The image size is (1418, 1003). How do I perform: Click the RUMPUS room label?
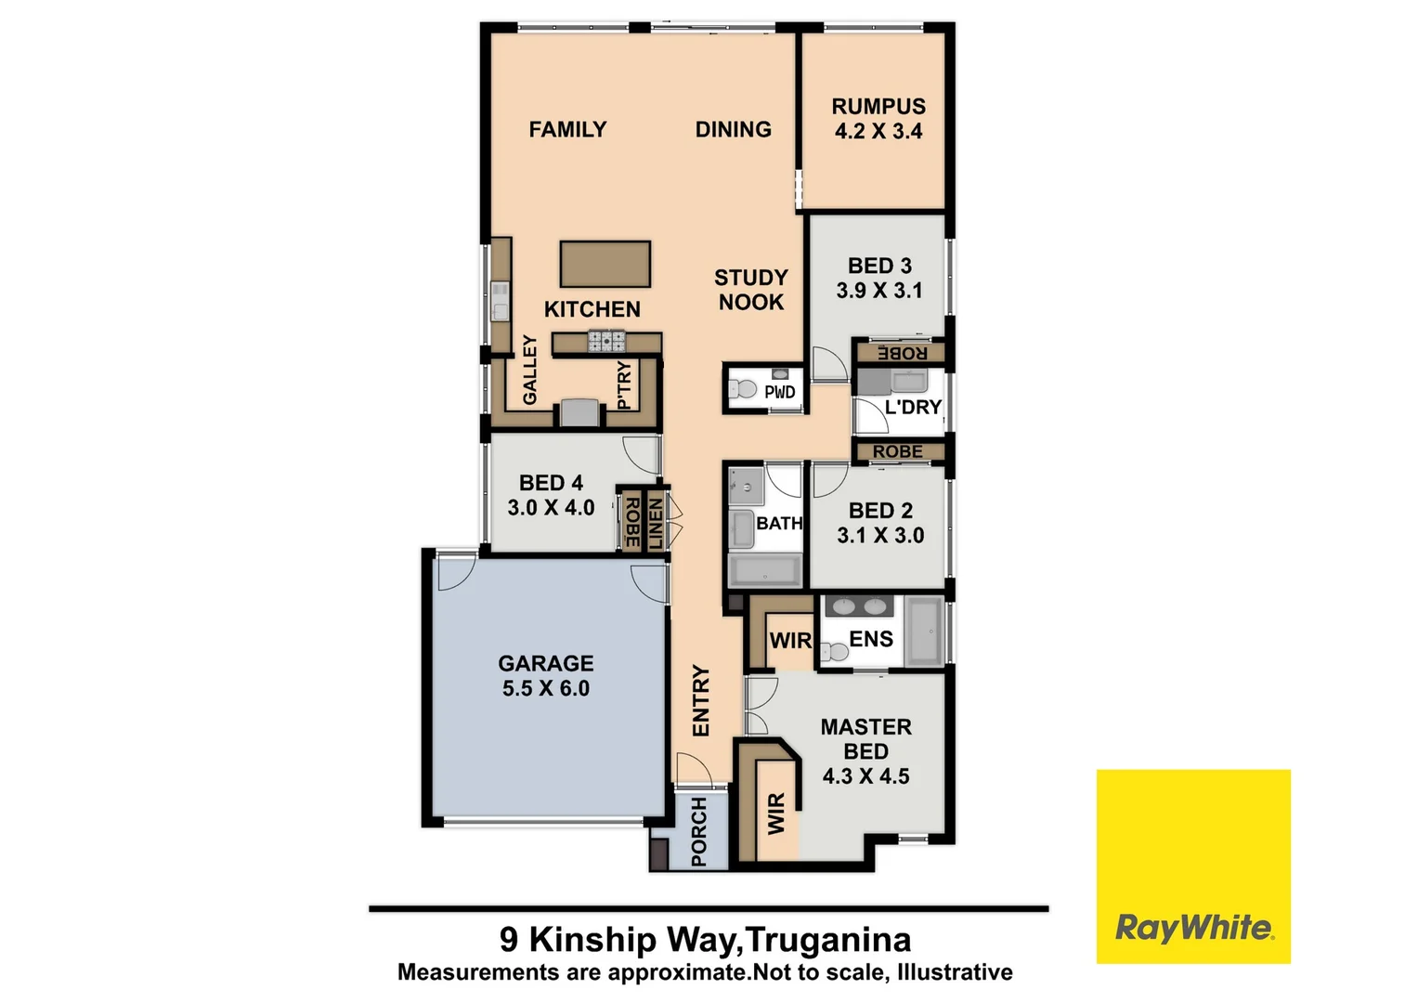point(878,107)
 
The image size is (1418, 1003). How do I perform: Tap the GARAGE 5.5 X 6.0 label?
point(546,676)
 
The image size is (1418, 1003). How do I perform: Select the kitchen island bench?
point(605,264)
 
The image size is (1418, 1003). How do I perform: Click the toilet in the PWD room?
point(743,388)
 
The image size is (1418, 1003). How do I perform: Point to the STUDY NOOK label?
point(750,290)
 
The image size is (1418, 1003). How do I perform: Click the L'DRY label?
point(913,407)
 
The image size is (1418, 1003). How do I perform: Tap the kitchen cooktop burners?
point(605,343)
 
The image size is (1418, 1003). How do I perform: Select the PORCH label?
point(699,831)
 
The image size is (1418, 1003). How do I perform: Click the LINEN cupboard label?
point(656,523)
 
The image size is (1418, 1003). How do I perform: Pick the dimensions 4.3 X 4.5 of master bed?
point(866,776)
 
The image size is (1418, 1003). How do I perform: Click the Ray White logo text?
point(1193,927)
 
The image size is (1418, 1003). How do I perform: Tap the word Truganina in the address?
point(828,940)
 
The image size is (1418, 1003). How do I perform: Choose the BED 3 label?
point(879,267)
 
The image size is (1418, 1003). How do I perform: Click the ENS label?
point(871,639)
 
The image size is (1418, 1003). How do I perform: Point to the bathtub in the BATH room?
point(764,570)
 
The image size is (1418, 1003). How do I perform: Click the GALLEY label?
point(530,370)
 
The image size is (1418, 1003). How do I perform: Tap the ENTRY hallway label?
point(701,700)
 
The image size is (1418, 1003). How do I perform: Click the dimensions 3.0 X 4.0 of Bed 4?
point(551,508)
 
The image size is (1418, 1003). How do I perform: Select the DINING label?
point(733,130)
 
